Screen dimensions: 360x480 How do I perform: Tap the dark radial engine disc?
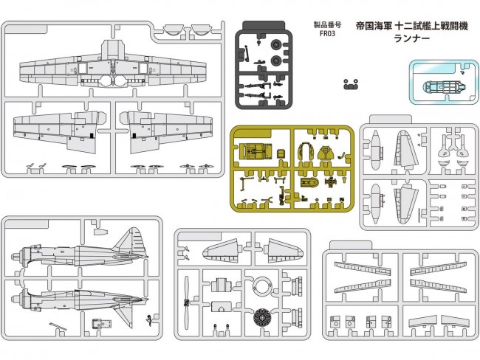[x=261, y=319]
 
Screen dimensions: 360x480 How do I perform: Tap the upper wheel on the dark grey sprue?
[x=275, y=44]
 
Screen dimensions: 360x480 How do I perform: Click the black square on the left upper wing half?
[x=91, y=136]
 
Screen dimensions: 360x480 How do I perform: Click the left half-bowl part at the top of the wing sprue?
[x=171, y=30]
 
